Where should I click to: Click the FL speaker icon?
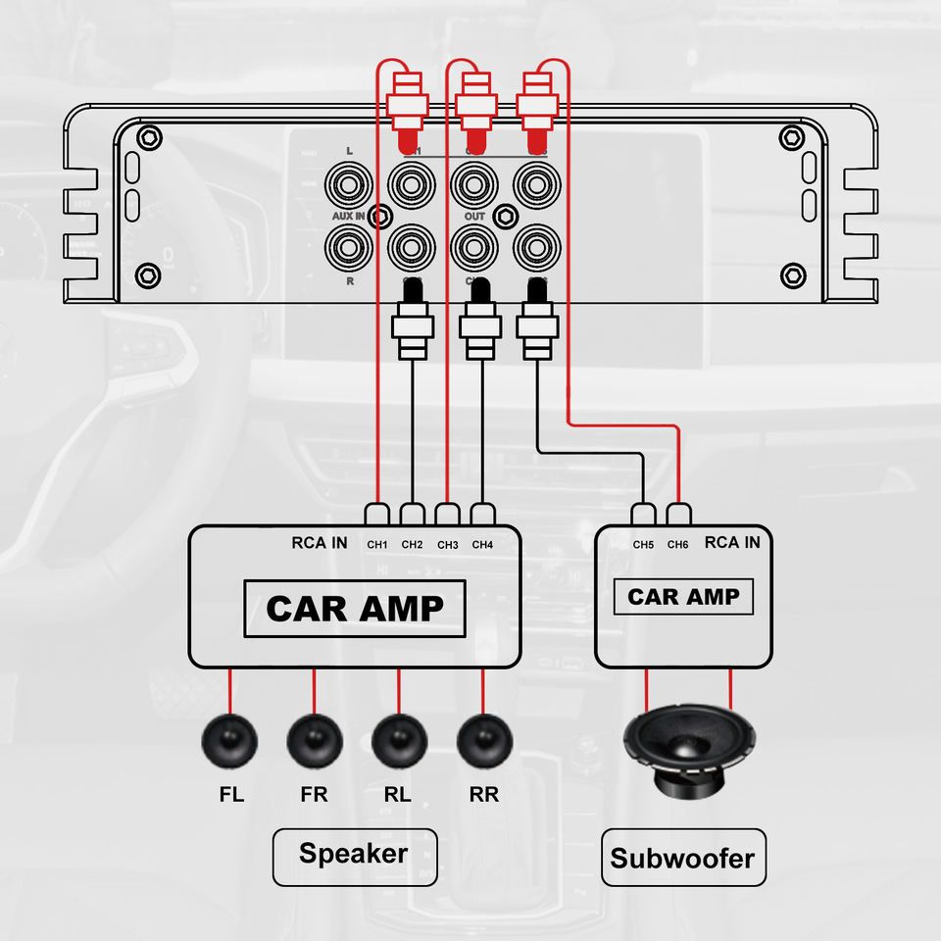tap(228, 742)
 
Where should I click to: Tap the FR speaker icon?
tap(315, 742)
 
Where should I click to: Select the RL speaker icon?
tap(399, 742)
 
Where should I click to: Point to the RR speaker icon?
tap(484, 742)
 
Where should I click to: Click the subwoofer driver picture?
tap(690, 750)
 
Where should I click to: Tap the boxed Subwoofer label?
tap(682, 859)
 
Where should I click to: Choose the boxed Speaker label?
tap(354, 853)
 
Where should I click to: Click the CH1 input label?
tap(377, 545)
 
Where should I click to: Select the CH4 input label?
tap(482, 545)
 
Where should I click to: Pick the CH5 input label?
tap(643, 545)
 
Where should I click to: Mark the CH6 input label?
tap(678, 545)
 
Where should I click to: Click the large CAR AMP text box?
tap(354, 608)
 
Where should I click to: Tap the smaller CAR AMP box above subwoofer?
tap(683, 597)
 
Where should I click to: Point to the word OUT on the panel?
tap(474, 216)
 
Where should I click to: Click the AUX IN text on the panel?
tap(348, 215)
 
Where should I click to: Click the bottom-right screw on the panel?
tap(791, 274)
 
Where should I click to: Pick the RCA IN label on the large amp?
tap(320, 543)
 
